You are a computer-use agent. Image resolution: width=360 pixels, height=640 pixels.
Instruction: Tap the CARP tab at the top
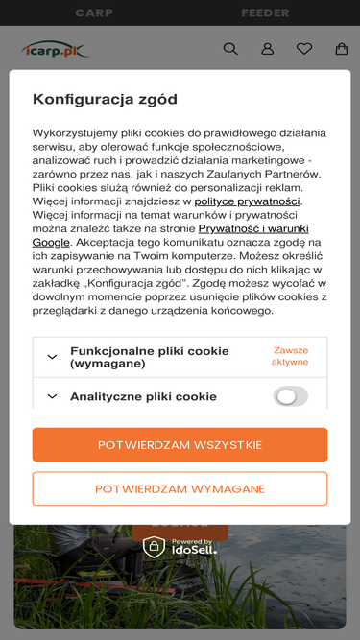pyautogui.click(x=93, y=13)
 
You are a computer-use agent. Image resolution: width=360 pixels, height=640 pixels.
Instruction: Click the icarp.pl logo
pyautogui.click(x=54, y=49)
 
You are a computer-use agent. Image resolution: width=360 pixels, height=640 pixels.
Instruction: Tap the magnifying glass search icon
pyautogui.click(x=230, y=49)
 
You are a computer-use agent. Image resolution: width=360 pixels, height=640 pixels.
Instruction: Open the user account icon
pyautogui.click(x=268, y=49)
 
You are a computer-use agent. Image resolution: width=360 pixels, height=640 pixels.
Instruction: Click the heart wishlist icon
pyautogui.click(x=304, y=49)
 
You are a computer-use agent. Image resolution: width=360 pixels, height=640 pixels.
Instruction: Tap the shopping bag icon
pyautogui.click(x=341, y=49)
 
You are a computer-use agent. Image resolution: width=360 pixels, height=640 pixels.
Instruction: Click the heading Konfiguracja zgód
pyautogui.click(x=105, y=99)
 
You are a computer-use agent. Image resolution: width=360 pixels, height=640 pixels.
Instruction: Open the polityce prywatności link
pyautogui.click(x=248, y=201)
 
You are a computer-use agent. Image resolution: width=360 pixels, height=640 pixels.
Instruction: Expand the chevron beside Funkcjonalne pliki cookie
pyautogui.click(x=52, y=357)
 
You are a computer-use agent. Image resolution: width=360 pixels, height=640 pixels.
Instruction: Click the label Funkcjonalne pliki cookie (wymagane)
pyautogui.click(x=149, y=357)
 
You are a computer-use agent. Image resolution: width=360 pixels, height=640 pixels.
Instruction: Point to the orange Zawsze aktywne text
pyautogui.click(x=290, y=356)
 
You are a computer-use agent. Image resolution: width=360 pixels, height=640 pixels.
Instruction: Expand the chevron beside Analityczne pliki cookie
pyautogui.click(x=52, y=396)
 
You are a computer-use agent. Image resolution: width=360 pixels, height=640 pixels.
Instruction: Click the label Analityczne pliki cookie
pyautogui.click(x=143, y=396)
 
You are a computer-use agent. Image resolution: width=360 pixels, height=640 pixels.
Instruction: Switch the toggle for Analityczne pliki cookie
pyautogui.click(x=291, y=396)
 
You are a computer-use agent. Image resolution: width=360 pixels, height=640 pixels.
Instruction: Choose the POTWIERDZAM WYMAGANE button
pyautogui.click(x=180, y=488)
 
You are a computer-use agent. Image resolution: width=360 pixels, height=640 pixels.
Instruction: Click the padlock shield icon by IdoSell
pyautogui.click(x=154, y=547)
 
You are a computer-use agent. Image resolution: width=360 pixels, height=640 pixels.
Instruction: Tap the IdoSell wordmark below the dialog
pyautogui.click(x=194, y=550)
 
